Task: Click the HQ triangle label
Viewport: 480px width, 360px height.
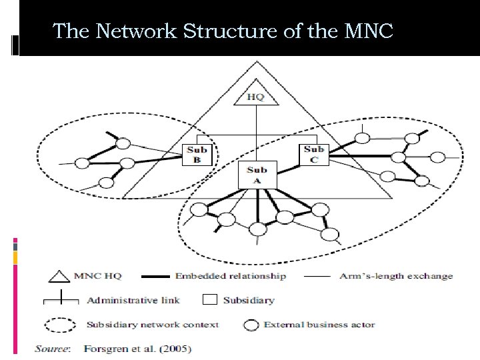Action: pos(256,97)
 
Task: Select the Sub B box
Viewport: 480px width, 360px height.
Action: pos(197,154)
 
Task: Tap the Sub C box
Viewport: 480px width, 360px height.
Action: pos(313,154)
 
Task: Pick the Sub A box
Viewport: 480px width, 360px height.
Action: pos(257,175)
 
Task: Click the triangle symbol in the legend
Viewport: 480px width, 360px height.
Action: pos(59,276)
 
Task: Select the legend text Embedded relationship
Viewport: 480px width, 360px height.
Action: pos(231,276)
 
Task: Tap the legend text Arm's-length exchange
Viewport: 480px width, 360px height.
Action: pos(396,276)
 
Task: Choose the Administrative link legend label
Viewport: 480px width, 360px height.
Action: pos(133,300)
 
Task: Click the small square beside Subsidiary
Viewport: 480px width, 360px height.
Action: pos(209,299)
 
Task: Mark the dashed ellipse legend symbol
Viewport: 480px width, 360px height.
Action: pos(61,325)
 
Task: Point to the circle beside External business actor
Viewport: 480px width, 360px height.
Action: pos(251,325)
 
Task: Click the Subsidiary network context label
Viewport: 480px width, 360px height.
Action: pos(153,325)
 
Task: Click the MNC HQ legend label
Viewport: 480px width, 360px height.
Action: pos(97,276)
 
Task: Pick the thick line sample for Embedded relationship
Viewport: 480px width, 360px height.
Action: pos(153,276)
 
